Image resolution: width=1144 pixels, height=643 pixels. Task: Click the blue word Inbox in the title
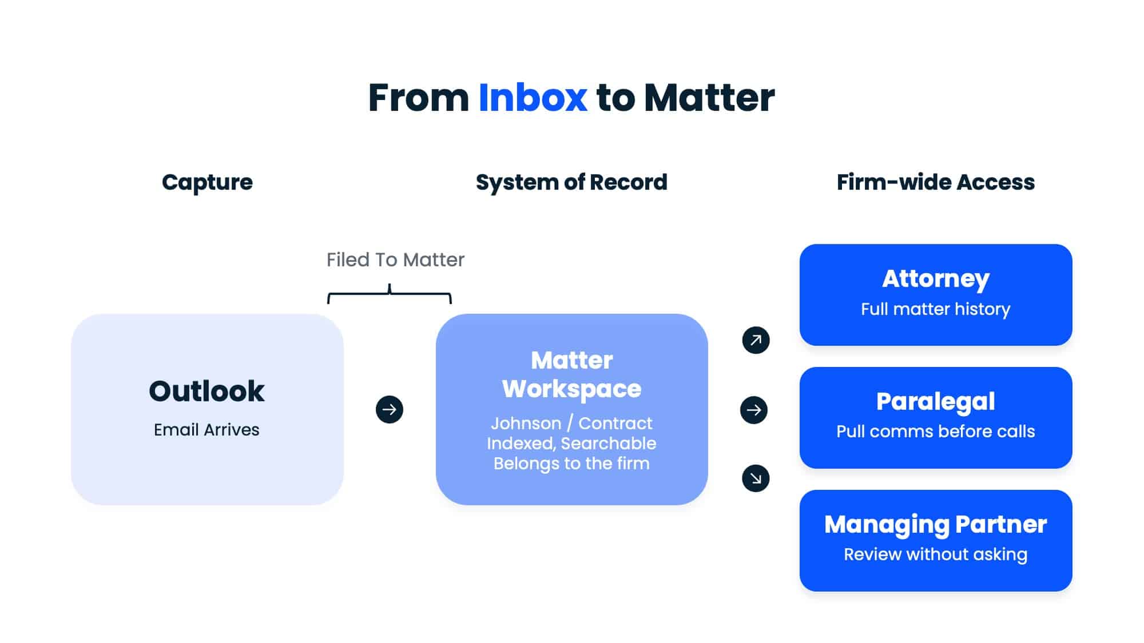point(533,98)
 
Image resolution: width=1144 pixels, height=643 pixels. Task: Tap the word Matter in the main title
point(709,98)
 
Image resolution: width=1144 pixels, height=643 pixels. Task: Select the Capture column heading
point(207,182)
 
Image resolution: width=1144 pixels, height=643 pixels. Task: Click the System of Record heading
point(571,182)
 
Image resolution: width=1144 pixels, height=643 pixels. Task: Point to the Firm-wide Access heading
point(935,182)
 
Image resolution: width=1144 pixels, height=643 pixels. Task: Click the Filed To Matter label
point(395,260)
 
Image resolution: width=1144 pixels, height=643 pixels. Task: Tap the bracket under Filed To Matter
point(390,295)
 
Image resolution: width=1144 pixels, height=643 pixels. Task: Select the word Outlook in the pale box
point(206,392)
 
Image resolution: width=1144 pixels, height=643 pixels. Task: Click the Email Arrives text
point(206,430)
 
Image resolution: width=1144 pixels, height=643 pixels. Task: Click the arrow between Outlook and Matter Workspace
point(390,410)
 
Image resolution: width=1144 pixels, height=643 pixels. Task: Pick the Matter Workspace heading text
point(571,374)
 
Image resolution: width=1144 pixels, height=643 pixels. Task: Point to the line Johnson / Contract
point(571,424)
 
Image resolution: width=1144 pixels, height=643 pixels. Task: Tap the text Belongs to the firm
point(571,464)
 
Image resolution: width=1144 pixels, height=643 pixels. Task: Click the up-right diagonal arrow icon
point(756,340)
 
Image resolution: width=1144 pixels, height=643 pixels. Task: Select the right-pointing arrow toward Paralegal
point(754,410)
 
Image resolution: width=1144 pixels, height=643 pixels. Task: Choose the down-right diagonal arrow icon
point(756,478)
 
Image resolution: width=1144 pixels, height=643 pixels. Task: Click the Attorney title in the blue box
point(935,279)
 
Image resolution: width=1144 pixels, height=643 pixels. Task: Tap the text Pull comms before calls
point(935,432)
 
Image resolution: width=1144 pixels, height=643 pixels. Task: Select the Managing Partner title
point(935,525)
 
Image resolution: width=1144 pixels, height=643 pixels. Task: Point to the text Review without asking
point(935,554)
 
